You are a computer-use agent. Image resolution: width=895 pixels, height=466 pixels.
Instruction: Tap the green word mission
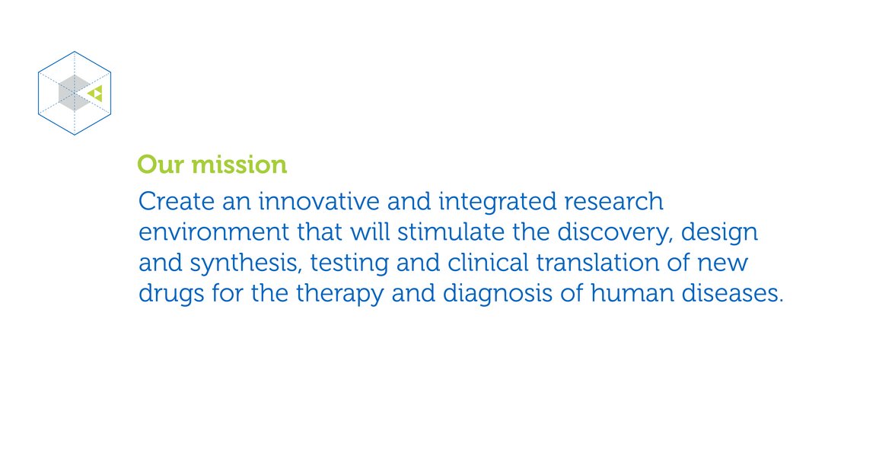(x=239, y=164)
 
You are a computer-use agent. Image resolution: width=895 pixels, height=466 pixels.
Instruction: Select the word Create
(x=177, y=201)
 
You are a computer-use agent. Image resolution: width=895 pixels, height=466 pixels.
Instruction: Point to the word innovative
(x=319, y=201)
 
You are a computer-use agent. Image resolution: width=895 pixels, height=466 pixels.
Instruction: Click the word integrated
(x=497, y=203)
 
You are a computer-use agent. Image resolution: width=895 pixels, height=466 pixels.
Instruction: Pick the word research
(x=613, y=201)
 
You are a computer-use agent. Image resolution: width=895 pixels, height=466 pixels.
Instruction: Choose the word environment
(x=214, y=231)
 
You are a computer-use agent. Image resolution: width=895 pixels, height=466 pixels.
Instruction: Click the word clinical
(x=488, y=263)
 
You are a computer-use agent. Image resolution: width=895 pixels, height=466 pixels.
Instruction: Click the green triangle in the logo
(x=96, y=94)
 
